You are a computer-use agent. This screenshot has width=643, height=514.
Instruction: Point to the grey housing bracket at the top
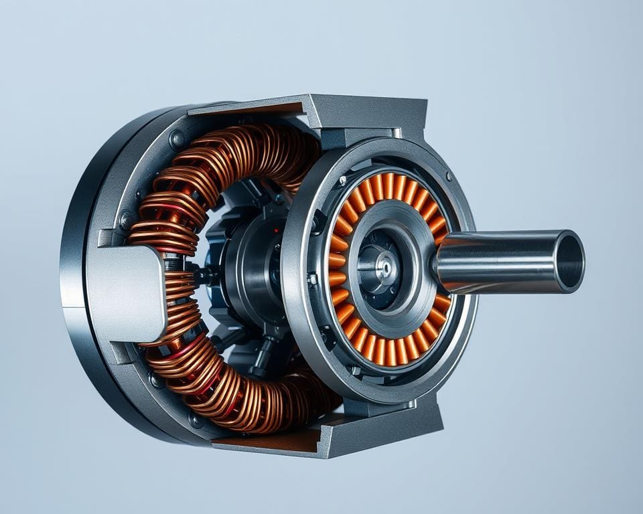(x=375, y=114)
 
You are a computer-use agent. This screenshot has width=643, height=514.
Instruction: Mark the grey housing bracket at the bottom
(x=375, y=428)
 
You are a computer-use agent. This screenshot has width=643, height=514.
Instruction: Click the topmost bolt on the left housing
(x=177, y=139)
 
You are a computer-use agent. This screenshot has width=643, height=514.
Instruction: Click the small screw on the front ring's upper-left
(x=342, y=181)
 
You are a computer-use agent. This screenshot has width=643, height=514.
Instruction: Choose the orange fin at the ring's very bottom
(x=388, y=352)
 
